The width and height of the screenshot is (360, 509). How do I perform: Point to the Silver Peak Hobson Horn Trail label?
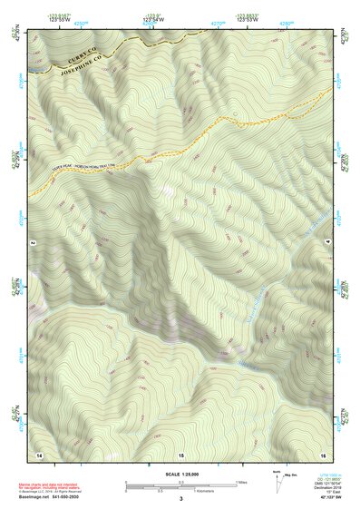tap(76, 169)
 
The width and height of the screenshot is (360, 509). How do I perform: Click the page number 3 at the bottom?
tap(180, 498)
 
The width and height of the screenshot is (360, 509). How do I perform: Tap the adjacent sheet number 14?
tap(39, 452)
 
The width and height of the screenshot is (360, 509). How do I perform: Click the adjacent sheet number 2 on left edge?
tap(32, 244)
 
